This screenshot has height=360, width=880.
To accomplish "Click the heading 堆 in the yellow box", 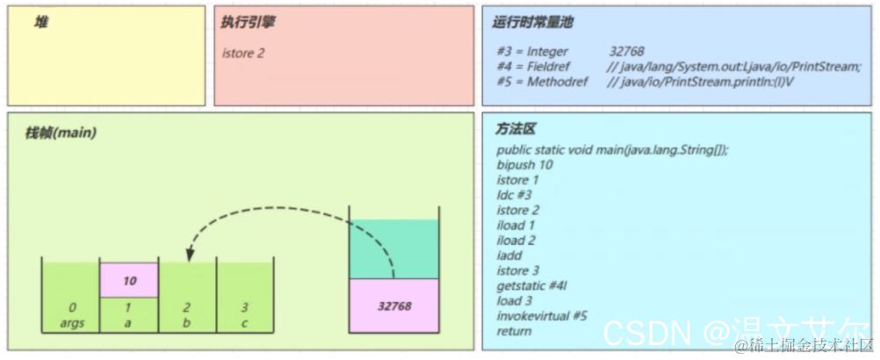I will coord(41,21).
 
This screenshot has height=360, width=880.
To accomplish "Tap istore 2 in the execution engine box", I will coord(243,54).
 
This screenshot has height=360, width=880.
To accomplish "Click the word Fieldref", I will coord(550,67).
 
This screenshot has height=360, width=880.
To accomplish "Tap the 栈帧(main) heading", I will coord(61,133).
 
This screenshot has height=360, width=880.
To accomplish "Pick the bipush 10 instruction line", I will coord(524,165).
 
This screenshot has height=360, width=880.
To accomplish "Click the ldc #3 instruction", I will coord(514,195).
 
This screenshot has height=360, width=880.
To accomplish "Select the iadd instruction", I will coord(510,256).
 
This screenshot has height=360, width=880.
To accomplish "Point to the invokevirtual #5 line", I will coord(542,316).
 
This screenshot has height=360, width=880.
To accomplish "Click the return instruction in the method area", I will coord(514,331).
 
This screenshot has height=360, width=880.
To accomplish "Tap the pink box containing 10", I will coord(129,282).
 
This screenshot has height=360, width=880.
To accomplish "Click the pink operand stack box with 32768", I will coord(394,306).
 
